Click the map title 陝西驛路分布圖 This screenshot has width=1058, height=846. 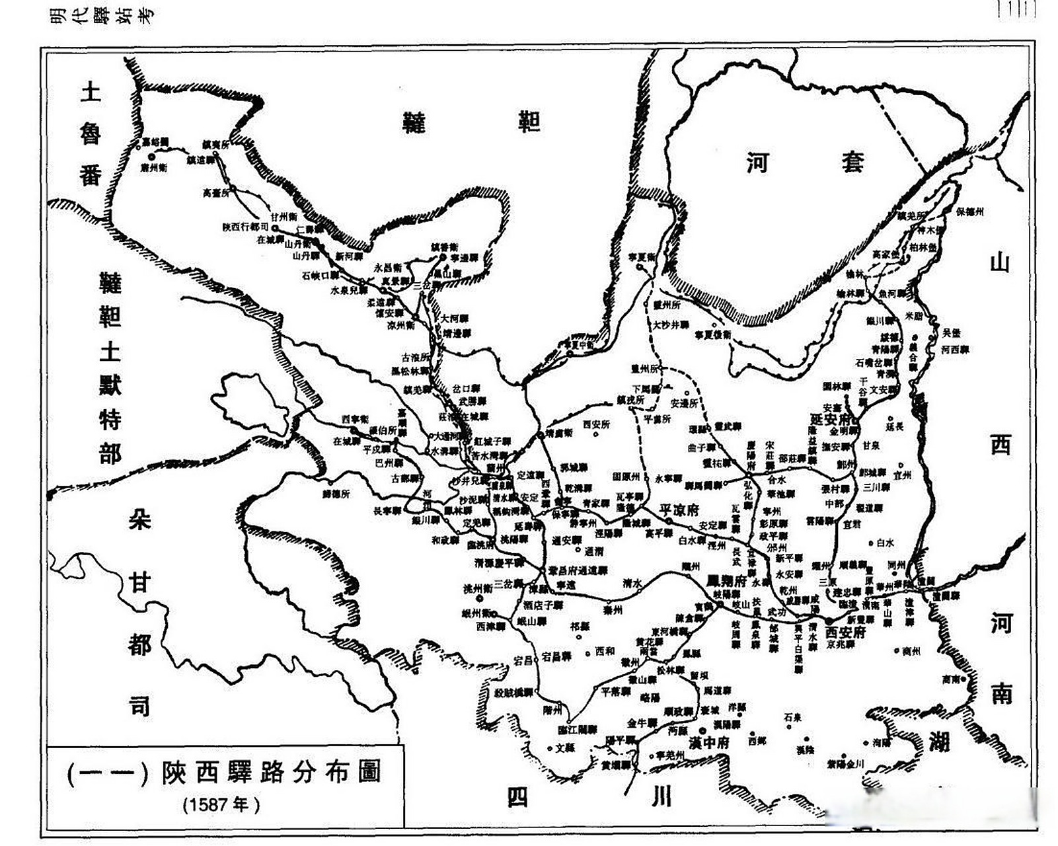point(270,773)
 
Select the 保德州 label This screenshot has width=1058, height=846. point(970,211)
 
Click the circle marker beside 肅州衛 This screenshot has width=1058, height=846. point(151,157)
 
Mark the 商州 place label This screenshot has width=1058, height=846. point(911,650)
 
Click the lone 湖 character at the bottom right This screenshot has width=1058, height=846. point(940,741)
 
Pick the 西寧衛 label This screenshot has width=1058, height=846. point(355,419)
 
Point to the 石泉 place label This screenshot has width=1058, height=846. point(792,716)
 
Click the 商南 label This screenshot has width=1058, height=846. point(952,679)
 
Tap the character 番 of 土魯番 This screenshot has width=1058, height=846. point(91,176)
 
